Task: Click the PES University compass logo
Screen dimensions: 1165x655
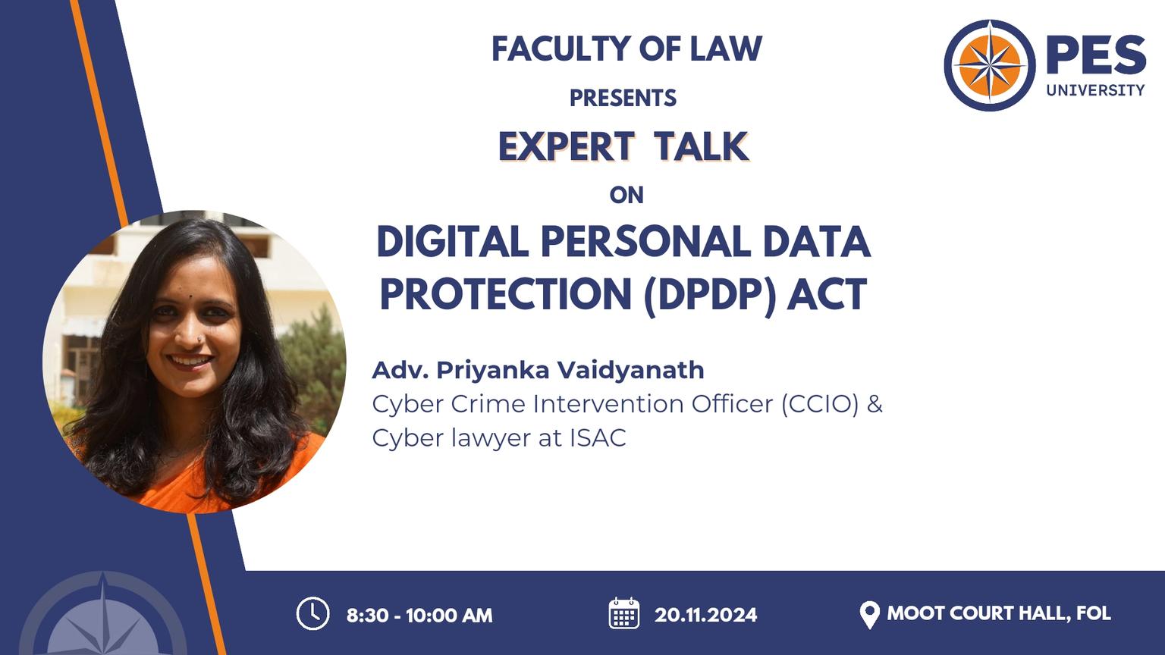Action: [989, 65]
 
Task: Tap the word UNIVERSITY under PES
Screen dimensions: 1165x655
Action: [1095, 90]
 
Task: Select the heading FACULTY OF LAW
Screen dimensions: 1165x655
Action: [626, 49]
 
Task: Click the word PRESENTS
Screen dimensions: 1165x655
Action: [623, 98]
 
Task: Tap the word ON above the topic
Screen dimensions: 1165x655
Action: [626, 195]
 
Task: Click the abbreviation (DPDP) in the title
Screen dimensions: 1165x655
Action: [710, 295]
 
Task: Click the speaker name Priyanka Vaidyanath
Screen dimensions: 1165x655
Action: [570, 371]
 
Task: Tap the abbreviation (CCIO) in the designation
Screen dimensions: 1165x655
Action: [820, 404]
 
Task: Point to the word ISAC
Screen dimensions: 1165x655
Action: [598, 437]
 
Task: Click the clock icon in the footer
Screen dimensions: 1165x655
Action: [312, 613]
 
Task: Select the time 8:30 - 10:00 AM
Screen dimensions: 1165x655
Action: [419, 616]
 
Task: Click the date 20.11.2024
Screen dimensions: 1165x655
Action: [706, 615]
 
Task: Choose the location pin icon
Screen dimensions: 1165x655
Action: [870, 615]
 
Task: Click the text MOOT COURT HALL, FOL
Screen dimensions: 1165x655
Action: [999, 613]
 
